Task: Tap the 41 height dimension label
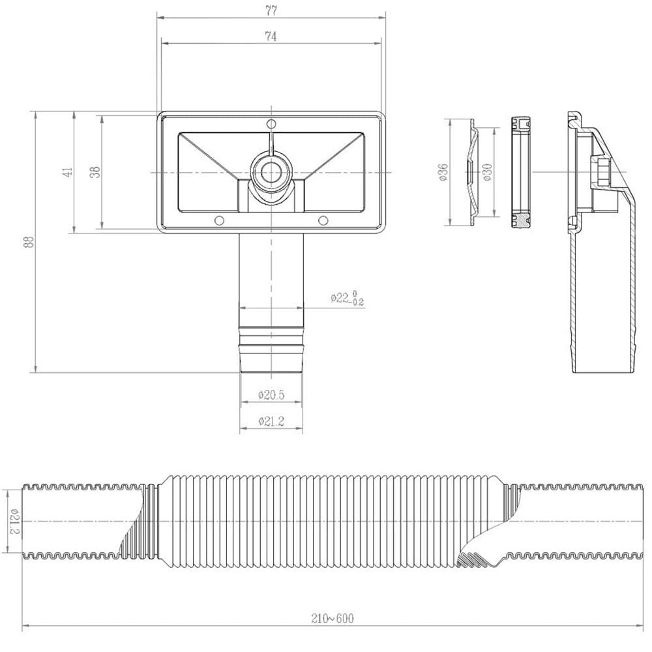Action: (x=67, y=172)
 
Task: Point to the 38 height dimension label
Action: (x=95, y=172)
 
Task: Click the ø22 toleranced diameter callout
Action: (x=347, y=298)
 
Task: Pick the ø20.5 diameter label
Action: (x=271, y=394)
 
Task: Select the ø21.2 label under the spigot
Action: (x=271, y=422)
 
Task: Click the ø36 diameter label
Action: (x=443, y=172)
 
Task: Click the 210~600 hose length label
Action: (x=333, y=617)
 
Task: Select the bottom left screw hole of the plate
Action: (x=219, y=220)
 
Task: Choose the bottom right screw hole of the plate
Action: (x=323, y=220)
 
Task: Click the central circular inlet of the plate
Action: (x=270, y=171)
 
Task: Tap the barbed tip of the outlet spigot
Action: (x=271, y=355)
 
